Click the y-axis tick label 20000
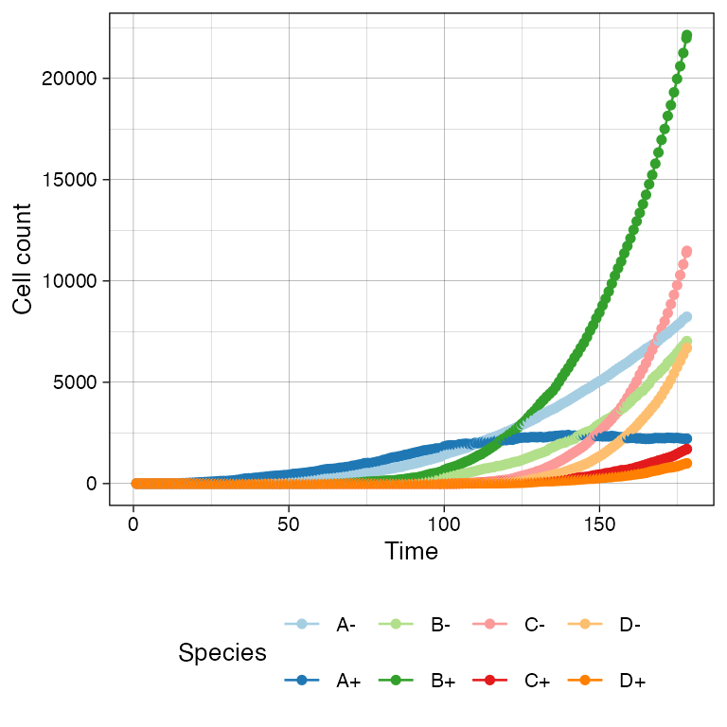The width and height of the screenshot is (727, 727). coord(70,78)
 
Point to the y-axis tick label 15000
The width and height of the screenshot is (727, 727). coord(70,179)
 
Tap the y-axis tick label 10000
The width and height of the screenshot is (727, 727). coord(70,280)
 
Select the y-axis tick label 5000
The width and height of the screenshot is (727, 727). coord(75,381)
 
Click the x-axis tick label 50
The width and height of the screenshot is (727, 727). coord(289,523)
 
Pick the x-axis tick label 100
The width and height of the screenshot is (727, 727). coord(444,523)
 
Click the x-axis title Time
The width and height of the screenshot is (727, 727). coord(412,551)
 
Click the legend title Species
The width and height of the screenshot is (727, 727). coord(222,652)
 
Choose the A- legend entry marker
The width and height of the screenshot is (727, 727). coord(302,624)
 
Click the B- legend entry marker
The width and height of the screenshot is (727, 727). coord(396,624)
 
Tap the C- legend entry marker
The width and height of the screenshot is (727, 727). coord(490,624)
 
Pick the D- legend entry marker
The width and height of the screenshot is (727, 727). coord(585,624)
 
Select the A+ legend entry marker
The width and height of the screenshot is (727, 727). coord(302,681)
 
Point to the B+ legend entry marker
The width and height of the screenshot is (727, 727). coord(396,681)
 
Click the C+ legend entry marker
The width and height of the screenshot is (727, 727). coord(490,681)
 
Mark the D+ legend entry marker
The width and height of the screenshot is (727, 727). coord(585,681)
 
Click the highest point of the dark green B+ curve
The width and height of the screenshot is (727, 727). coord(687,36)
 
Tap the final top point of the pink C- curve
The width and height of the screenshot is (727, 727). coord(687,252)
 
